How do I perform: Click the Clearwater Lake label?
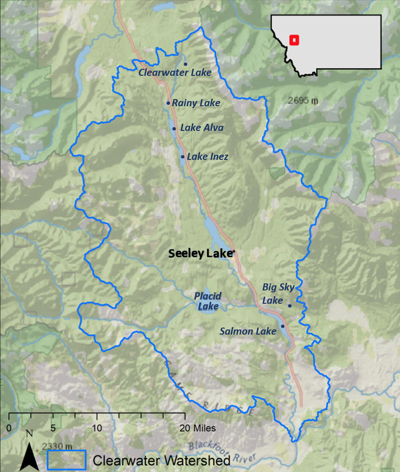click(x=175, y=73)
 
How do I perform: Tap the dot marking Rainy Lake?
click(x=168, y=103)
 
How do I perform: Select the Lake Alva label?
click(x=202, y=128)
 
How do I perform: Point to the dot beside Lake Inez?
click(x=183, y=157)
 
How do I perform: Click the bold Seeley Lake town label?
click(x=200, y=253)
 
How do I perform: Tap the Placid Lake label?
click(x=208, y=301)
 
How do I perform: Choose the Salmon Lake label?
click(x=248, y=331)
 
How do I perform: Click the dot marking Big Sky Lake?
click(x=290, y=306)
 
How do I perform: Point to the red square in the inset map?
click(x=294, y=40)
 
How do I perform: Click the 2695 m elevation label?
click(x=303, y=100)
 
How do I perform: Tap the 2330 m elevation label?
click(x=57, y=446)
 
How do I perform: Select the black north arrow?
click(x=29, y=456)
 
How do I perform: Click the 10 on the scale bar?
click(x=97, y=428)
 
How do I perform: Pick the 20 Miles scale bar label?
click(x=198, y=428)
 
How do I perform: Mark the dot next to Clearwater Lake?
click(x=185, y=64)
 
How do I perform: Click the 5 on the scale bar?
click(x=53, y=428)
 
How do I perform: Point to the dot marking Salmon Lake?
click(x=282, y=326)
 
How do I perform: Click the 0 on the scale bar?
click(x=9, y=428)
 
